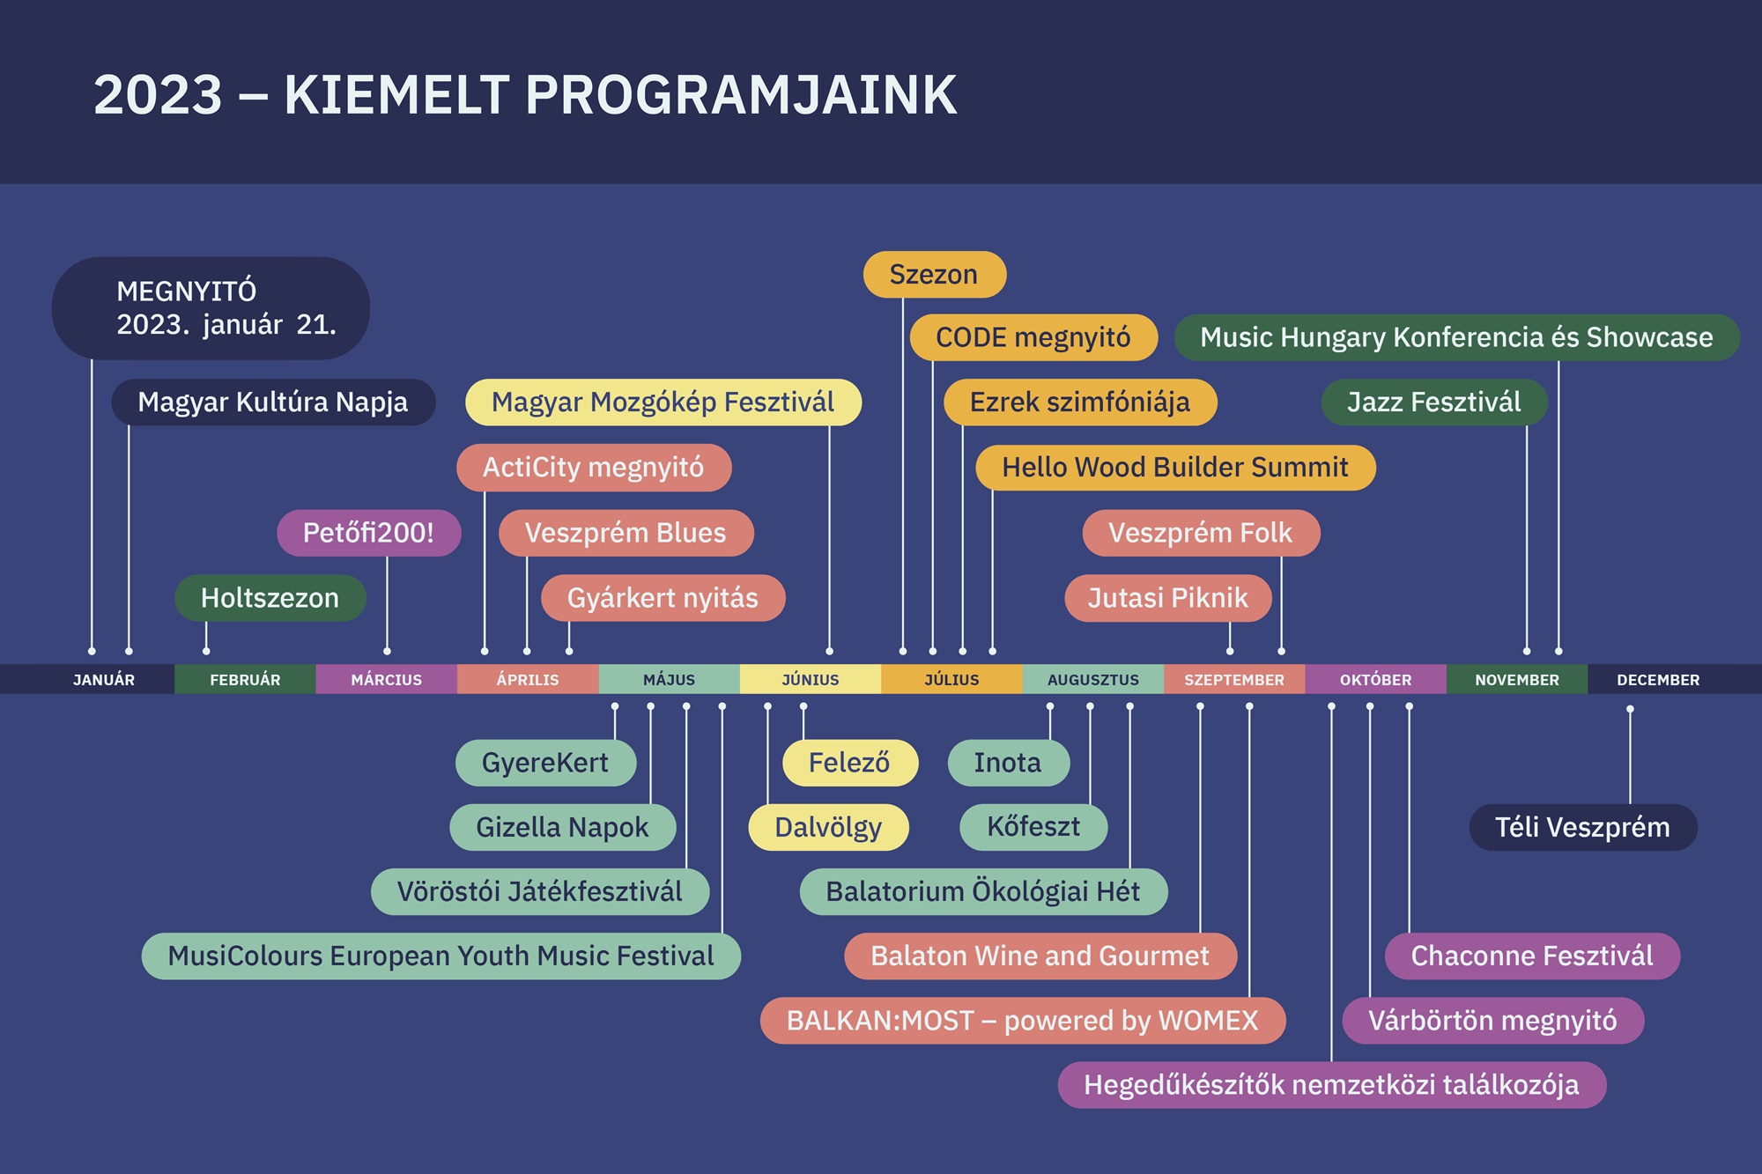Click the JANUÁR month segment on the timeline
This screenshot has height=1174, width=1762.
[104, 680]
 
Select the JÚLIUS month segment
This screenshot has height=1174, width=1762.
[951, 680]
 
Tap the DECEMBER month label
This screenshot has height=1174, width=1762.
[1658, 680]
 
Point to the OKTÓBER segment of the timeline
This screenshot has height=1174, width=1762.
[1375, 680]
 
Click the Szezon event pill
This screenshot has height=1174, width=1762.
[934, 275]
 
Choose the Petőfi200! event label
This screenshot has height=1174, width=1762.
[368, 533]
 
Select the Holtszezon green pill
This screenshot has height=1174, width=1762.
[270, 598]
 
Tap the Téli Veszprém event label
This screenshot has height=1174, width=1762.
[1582, 827]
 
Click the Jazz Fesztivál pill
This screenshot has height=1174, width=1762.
[1433, 402]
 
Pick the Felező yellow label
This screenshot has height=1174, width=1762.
[849, 763]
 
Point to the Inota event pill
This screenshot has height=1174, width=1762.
[1008, 763]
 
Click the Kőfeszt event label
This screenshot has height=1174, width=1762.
[1033, 827]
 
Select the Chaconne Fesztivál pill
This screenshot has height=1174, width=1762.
[1532, 956]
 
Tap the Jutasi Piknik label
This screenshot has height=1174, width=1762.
[1167, 598]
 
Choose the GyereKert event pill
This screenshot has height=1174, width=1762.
[545, 763]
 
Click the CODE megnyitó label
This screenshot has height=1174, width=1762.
[1033, 337]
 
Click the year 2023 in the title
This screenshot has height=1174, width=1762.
[158, 95]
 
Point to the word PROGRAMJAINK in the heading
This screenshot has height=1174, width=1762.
[741, 95]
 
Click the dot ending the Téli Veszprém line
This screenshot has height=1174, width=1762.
[1630, 709]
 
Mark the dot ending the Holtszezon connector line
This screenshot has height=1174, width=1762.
[206, 651]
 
